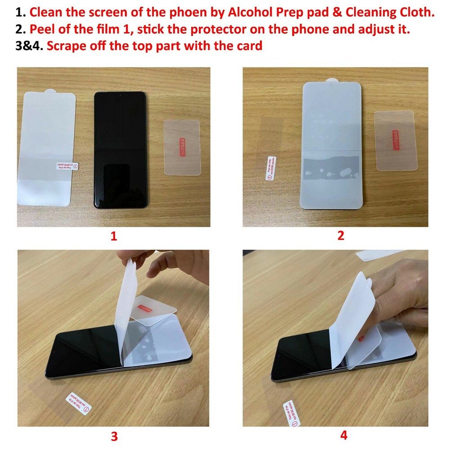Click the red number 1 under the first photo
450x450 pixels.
point(113,236)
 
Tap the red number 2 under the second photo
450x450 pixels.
point(341,235)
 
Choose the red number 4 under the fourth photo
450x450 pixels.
point(344,435)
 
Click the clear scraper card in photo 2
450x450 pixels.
point(394,140)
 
